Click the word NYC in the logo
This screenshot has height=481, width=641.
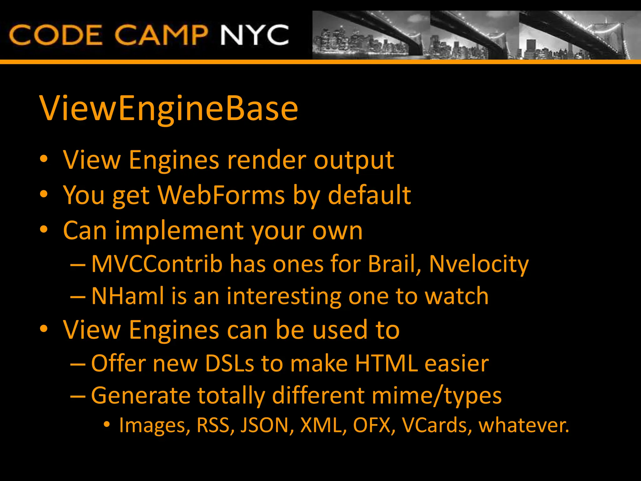(254, 35)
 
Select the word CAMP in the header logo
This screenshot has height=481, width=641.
(161, 35)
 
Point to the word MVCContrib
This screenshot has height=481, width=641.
(156, 264)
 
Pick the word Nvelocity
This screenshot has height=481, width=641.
(479, 264)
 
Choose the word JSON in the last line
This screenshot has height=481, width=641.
(265, 425)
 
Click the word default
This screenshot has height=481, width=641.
(369, 195)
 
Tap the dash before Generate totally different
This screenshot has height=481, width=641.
(78, 396)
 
